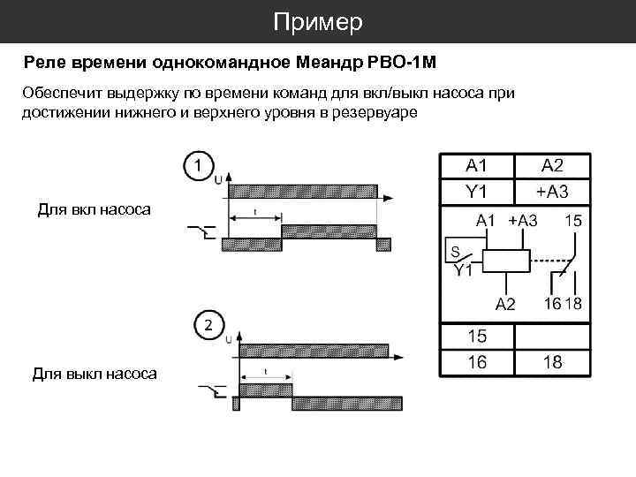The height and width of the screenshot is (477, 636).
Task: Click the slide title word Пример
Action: click(x=317, y=22)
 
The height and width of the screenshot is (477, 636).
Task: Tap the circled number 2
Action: click(x=208, y=325)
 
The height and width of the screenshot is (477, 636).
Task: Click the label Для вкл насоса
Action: click(x=94, y=209)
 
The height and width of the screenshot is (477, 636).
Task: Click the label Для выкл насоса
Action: click(x=95, y=374)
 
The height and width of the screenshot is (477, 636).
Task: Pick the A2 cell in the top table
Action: click(x=553, y=165)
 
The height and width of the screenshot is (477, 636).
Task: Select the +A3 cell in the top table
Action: click(x=553, y=190)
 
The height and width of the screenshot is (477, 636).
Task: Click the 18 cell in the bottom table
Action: click(x=553, y=362)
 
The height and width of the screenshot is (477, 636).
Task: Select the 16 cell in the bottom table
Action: click(x=477, y=362)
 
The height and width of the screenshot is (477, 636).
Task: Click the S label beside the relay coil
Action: click(x=453, y=250)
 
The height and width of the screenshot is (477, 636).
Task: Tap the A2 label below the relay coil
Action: click(x=504, y=305)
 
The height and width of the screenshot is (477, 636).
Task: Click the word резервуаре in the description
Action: click(x=372, y=115)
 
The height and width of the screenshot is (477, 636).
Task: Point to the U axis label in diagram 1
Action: click(x=218, y=179)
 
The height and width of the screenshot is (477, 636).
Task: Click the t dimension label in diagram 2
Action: click(x=266, y=371)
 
